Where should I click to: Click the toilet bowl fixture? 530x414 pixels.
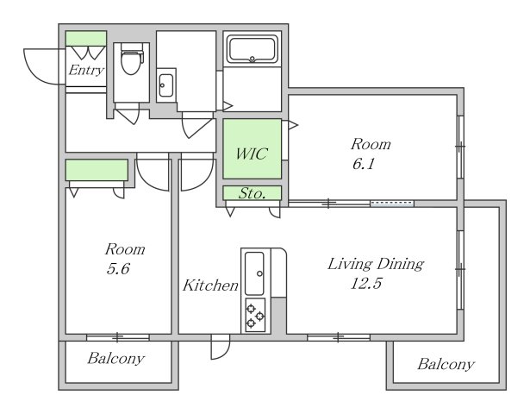pyautogui.click(x=131, y=62)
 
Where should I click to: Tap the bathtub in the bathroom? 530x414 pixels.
pyautogui.click(x=253, y=49)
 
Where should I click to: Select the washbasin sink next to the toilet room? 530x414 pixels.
pyautogui.click(x=165, y=85)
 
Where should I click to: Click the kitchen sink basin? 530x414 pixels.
pyautogui.click(x=254, y=273)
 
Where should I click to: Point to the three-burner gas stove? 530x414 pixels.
pyautogui.click(x=255, y=315)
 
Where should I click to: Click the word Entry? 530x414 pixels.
pyautogui.click(x=86, y=71)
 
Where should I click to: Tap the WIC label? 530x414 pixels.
pyautogui.click(x=252, y=154)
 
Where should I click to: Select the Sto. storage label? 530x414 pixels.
pyautogui.click(x=252, y=194)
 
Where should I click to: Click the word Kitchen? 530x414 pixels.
pyautogui.click(x=210, y=285)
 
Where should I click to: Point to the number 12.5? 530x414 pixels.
pyautogui.click(x=365, y=284)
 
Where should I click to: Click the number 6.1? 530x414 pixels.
pyautogui.click(x=364, y=165)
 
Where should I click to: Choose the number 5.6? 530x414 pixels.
pyautogui.click(x=118, y=269)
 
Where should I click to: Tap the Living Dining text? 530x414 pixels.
pyautogui.click(x=376, y=264)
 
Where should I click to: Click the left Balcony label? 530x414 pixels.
pyautogui.click(x=116, y=359)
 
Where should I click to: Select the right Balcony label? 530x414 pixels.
pyautogui.click(x=446, y=364)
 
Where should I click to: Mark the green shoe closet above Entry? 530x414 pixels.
pyautogui.click(x=86, y=38)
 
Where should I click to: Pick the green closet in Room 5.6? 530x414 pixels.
pyautogui.click(x=97, y=170)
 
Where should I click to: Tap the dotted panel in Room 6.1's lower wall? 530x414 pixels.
pyautogui.click(x=392, y=204)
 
